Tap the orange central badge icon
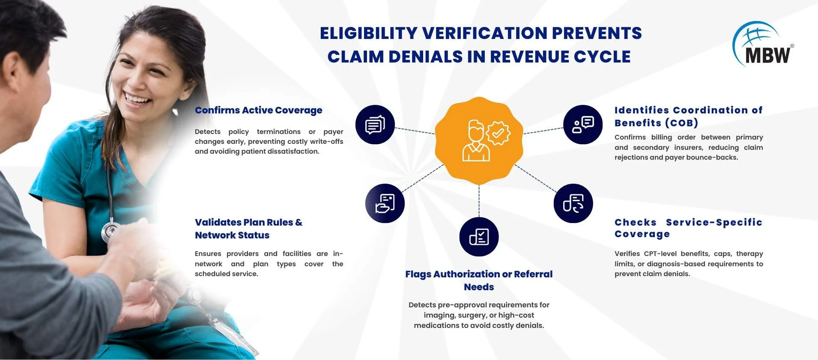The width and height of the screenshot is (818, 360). click(479, 140)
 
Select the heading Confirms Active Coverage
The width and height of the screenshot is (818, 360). click(258, 110)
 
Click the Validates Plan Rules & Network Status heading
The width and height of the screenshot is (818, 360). click(248, 229)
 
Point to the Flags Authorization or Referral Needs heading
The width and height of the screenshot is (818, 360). click(479, 280)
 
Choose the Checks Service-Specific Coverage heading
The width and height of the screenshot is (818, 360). click(688, 228)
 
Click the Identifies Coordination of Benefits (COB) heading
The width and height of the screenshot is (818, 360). click(688, 116)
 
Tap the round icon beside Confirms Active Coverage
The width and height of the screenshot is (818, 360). click(375, 125)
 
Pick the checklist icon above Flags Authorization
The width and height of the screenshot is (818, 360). click(479, 237)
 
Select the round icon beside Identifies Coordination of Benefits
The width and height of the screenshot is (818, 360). click(583, 125)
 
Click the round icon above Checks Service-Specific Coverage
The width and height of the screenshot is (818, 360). click(573, 203)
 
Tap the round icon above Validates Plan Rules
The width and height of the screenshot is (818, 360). click(385, 203)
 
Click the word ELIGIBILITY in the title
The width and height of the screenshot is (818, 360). click(369, 33)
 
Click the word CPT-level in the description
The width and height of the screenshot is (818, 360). click(659, 254)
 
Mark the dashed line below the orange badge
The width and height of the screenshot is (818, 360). click(479, 201)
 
